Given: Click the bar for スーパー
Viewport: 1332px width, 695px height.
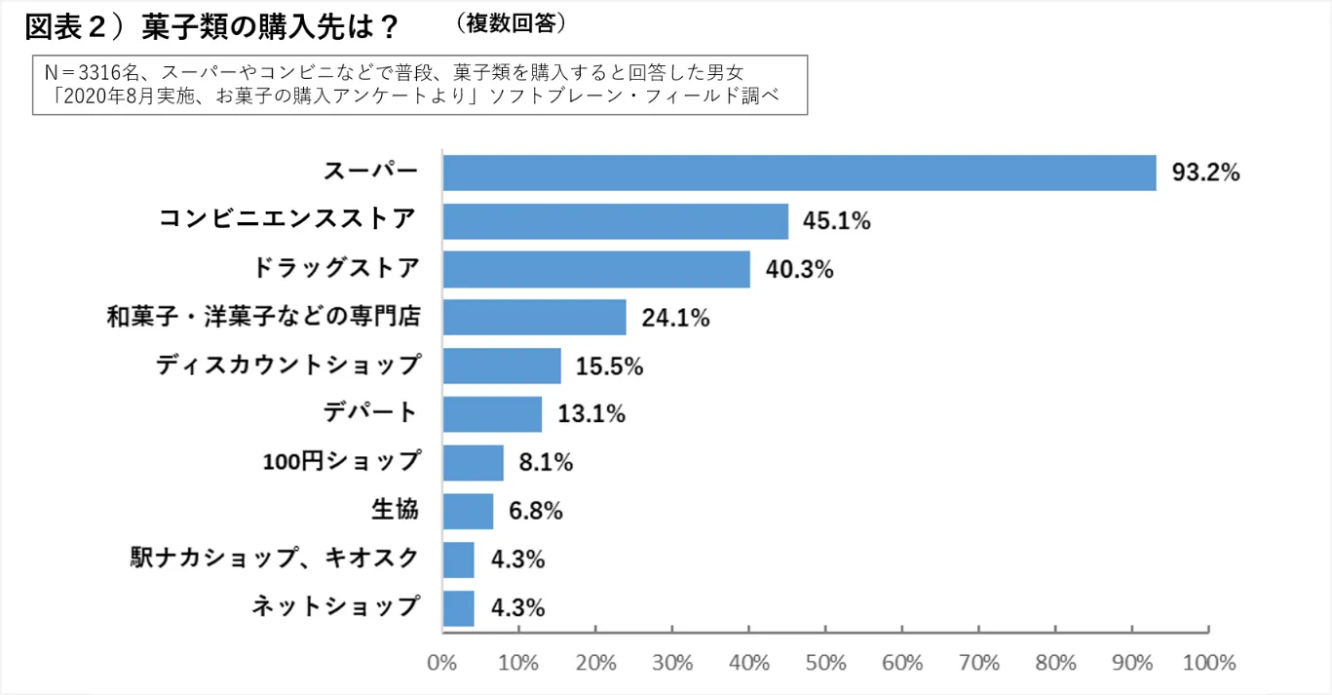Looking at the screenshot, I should tap(799, 173).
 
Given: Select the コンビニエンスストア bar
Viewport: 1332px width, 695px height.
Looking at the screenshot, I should tap(615, 221).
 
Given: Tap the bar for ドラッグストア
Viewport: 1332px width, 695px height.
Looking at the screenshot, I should tap(596, 269).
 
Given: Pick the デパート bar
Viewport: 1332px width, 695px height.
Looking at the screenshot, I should tap(492, 414).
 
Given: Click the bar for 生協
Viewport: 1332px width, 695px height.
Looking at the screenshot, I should tap(468, 511).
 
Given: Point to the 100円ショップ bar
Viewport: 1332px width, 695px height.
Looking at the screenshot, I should tap(473, 462).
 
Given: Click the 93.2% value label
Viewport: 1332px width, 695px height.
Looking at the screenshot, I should tap(1205, 174).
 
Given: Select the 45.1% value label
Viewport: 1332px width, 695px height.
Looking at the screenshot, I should tap(836, 221).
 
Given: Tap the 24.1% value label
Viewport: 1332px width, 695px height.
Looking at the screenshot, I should tap(675, 318).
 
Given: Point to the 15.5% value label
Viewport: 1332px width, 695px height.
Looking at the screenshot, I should tap(610, 367).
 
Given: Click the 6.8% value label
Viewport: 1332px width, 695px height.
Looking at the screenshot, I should tap(535, 511).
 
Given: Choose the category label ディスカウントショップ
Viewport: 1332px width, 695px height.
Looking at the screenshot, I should tap(288, 366).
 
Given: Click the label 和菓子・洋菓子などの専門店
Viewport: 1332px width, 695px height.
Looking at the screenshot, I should tap(263, 317).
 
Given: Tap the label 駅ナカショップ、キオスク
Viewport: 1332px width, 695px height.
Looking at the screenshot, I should tap(275, 559).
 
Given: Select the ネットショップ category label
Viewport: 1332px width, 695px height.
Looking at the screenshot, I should tap(335, 606).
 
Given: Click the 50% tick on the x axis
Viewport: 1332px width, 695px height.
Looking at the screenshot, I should tap(825, 663).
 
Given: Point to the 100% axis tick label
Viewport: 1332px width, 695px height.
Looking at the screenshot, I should tap(1208, 663).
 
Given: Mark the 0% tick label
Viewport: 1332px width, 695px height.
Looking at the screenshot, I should tap(442, 663).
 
